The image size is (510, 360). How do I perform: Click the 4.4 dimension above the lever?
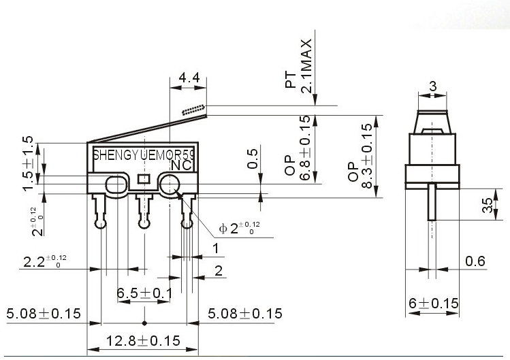click(x=189, y=78)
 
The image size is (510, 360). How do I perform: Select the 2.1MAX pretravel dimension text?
click(x=307, y=65)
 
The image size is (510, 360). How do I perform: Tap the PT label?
click(x=291, y=80)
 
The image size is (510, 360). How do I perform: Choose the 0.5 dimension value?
click(x=253, y=158)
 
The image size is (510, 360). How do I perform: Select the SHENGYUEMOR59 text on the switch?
click(x=143, y=154)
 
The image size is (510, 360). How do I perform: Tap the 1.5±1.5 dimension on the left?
click(x=29, y=163)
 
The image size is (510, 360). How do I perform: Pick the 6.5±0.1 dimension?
click(x=144, y=293)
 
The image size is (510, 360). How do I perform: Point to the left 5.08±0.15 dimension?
click(x=44, y=314)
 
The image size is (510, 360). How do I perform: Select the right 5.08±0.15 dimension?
click(x=244, y=314)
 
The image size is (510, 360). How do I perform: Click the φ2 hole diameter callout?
click(x=238, y=227)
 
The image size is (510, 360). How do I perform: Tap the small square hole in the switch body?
click(x=143, y=179)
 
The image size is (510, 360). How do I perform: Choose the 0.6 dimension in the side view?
click(x=475, y=261)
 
